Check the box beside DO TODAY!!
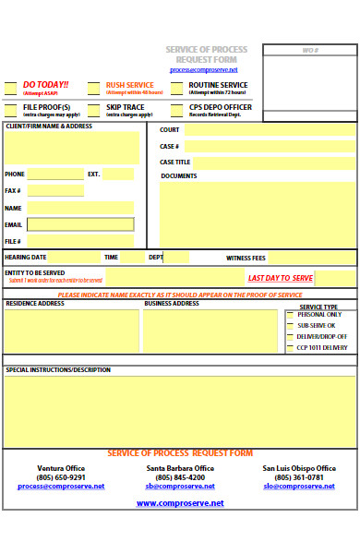pyautogui.click(x=10, y=89)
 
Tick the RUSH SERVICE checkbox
pyautogui.click(x=93, y=89)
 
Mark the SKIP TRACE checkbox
pyautogui.click(x=93, y=111)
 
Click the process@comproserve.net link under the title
pyautogui.click(x=203, y=69)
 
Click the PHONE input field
pyautogui.click(x=55, y=174)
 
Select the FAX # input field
pyautogui.click(x=55, y=190)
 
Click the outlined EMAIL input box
pyautogui.click(x=80, y=224)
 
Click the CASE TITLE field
pyautogui.click(x=273, y=163)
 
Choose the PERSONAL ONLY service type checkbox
pyautogui.click(x=289, y=315)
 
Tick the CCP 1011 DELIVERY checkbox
pyautogui.click(x=289, y=348)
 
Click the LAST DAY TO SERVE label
pyautogui.click(x=281, y=278)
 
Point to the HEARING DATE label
pyautogui.click(x=26, y=257)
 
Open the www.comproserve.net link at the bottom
pyautogui.click(x=180, y=503)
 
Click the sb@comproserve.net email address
pyautogui.click(x=180, y=486)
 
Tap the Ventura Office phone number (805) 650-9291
pyautogui.click(x=61, y=477)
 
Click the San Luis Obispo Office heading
pyautogui.click(x=299, y=468)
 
